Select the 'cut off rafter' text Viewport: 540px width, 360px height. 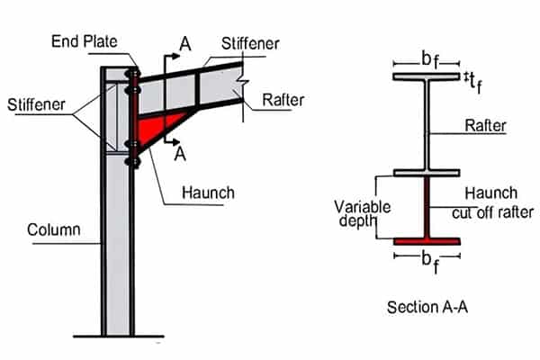(x=491, y=212)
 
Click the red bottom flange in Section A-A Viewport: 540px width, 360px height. (x=427, y=241)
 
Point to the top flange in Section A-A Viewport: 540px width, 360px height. (x=427, y=76)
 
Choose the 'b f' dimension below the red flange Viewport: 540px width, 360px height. (x=428, y=262)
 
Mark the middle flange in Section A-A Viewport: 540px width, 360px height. (x=427, y=172)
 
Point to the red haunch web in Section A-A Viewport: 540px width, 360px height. (x=427, y=207)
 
